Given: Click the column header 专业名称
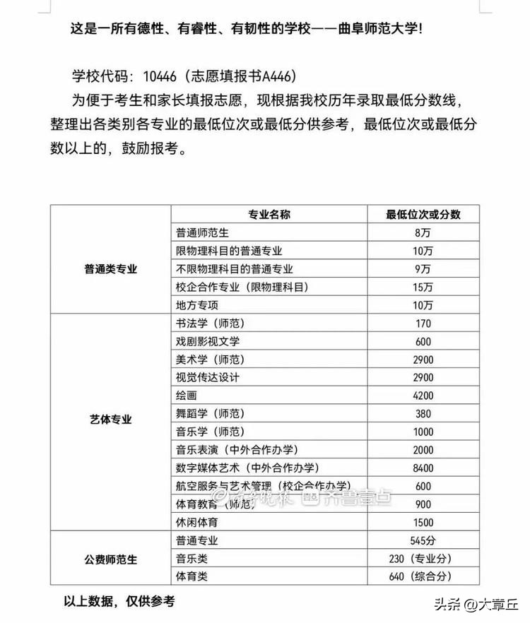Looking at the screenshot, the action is (269, 215).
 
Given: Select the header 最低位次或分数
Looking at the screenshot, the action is (423, 215).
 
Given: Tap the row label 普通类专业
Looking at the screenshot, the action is (110, 269).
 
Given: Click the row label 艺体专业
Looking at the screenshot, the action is (110, 419).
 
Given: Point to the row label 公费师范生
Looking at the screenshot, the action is (110, 559).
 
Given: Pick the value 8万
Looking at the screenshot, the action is (423, 232).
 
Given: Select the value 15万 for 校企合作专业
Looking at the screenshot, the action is (423, 287).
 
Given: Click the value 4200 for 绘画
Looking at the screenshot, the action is (423, 396).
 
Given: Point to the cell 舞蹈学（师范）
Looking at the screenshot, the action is (210, 414).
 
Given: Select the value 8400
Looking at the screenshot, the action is (423, 468).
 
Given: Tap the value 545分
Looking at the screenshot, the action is (423, 540).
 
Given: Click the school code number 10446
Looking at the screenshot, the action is (164, 76).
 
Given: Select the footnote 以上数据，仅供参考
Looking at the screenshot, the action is (119, 602).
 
